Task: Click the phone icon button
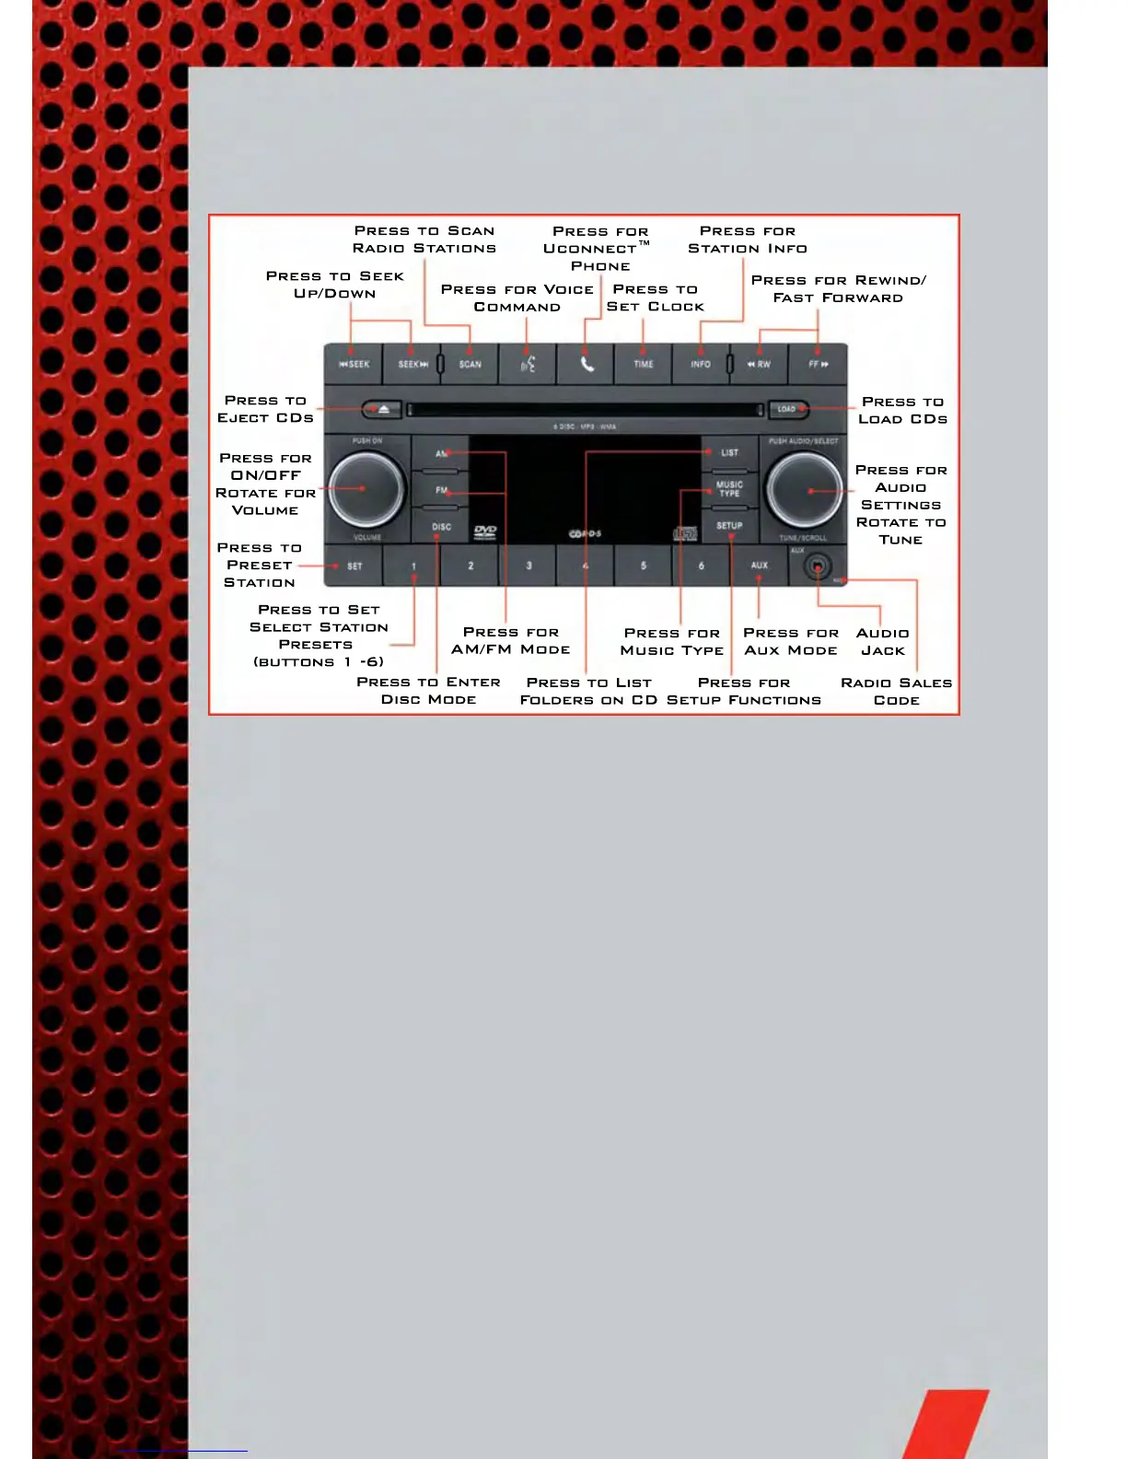point(587,364)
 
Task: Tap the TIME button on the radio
point(643,364)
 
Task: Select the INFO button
point(701,364)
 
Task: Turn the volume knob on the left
point(366,488)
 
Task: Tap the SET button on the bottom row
point(354,566)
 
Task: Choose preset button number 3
point(529,566)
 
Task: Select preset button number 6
point(702,566)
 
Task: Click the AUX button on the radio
point(759,566)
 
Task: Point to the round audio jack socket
point(817,566)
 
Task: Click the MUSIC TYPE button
point(729,488)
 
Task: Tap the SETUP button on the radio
point(729,526)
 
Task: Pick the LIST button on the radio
point(729,452)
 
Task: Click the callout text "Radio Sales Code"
point(896,691)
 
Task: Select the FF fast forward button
point(818,364)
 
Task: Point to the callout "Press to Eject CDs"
point(265,409)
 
